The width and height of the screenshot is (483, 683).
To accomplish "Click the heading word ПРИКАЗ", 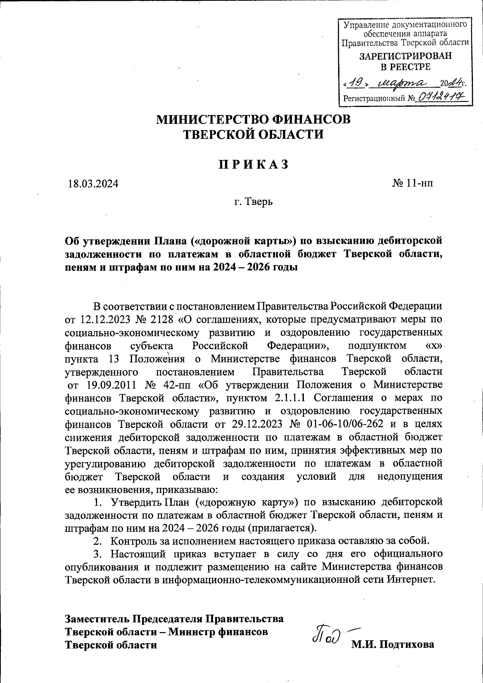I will tap(254, 165).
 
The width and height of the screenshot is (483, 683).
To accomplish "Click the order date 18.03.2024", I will tap(93, 184).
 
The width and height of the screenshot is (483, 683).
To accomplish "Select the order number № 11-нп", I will tap(413, 184).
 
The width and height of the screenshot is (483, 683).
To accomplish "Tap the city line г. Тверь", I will tap(254, 201).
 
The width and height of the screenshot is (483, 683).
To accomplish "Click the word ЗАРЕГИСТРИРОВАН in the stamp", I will tap(405, 56).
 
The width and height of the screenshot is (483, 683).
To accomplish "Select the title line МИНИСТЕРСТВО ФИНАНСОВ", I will tap(254, 119).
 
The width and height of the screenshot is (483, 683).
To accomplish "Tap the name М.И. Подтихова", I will tap(392, 645).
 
